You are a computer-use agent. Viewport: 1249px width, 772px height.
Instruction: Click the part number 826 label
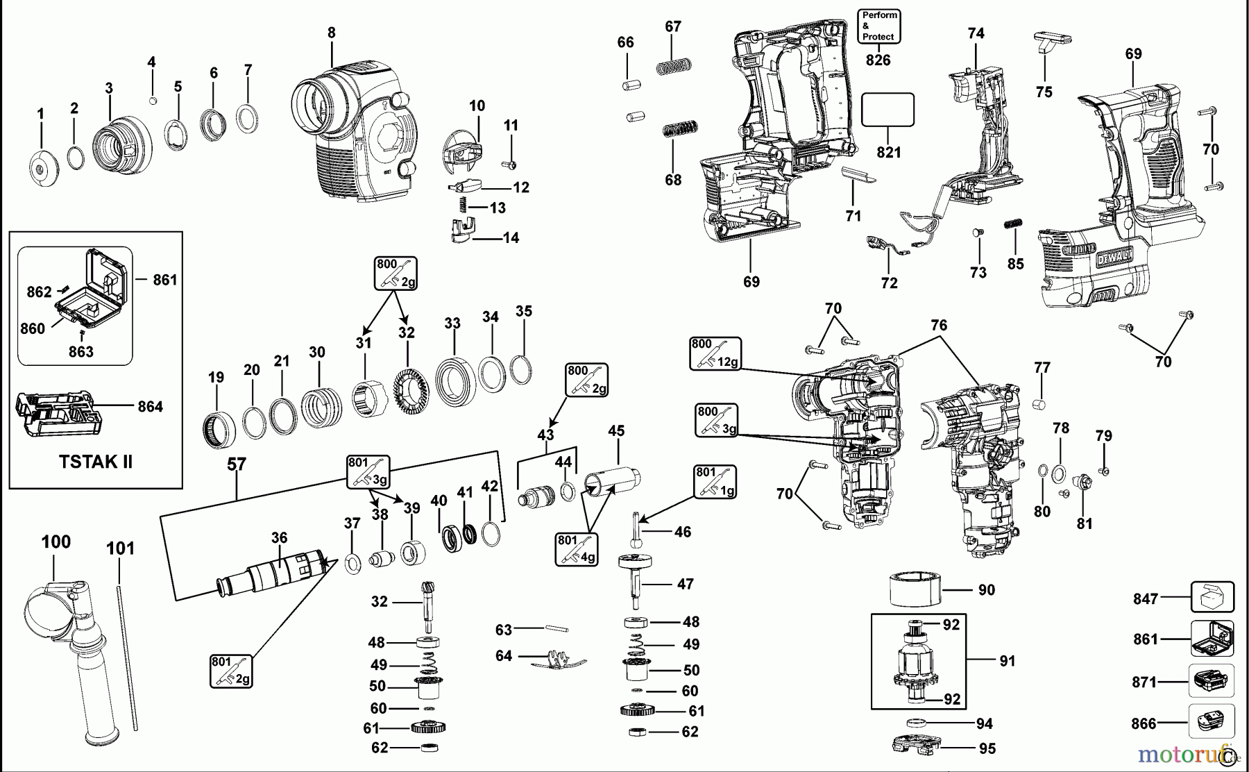click(878, 60)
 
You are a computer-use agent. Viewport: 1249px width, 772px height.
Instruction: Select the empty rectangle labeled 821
click(887, 110)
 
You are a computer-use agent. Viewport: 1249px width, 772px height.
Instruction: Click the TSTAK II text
click(96, 462)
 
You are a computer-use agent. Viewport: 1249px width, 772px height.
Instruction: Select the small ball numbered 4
click(153, 101)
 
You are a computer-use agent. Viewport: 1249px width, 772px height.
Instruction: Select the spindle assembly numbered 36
click(274, 573)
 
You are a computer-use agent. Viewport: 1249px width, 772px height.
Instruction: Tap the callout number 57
click(237, 464)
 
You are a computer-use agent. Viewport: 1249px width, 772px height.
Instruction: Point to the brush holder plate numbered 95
click(915, 746)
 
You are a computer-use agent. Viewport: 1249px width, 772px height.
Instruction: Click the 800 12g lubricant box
click(715, 353)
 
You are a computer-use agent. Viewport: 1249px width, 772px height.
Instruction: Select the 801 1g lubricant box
click(715, 482)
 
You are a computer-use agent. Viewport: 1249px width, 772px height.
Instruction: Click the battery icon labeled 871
click(1212, 681)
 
